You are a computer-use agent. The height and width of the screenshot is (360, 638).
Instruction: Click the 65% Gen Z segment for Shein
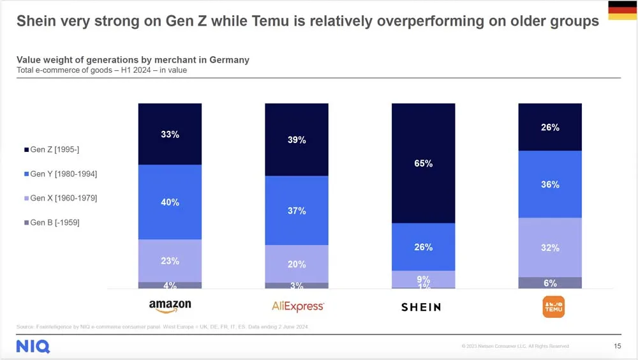pos(423,163)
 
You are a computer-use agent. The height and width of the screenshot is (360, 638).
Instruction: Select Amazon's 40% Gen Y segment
pos(170,202)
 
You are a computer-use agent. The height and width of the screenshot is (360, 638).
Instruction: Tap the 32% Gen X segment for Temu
pos(550,248)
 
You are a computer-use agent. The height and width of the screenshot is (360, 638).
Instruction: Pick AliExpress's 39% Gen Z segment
pos(297,140)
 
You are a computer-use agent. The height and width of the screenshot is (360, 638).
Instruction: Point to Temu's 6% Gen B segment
pos(550,283)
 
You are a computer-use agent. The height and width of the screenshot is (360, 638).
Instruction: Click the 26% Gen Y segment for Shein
pos(423,247)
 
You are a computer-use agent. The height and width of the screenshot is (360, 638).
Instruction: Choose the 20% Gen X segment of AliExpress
pos(297,264)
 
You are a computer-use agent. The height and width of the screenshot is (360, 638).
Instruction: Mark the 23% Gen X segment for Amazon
pos(170,260)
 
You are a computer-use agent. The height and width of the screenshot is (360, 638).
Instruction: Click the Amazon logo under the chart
pos(170,306)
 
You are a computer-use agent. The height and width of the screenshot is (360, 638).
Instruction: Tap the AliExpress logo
pos(297,306)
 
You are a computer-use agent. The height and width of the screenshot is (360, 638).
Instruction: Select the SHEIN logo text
pos(421,307)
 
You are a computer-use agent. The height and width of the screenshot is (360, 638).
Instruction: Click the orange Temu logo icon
pos(553,306)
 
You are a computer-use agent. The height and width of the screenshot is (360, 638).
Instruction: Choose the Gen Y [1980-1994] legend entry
pos(60,174)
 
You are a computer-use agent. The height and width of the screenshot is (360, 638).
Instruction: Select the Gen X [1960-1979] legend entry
pos(60,198)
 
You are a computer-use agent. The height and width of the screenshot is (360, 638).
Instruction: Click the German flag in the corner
pos(622,11)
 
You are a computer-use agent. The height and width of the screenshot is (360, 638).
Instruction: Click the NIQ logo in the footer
pos(33,347)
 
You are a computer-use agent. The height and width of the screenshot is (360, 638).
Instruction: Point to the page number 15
pos(617,346)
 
